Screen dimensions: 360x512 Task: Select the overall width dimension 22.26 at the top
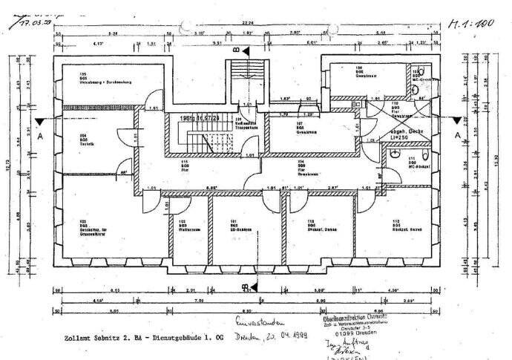tap(247, 24)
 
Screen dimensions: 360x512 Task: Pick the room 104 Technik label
tap(82, 137)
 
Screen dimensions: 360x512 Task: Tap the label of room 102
tap(182, 225)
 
